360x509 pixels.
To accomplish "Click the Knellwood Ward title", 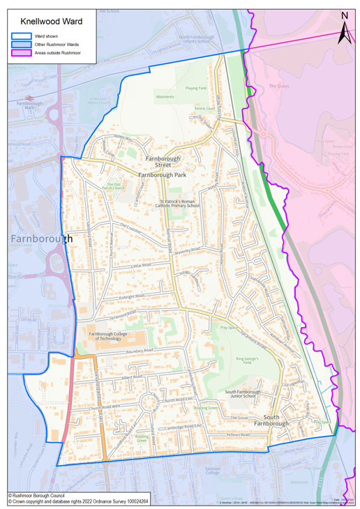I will coord(50,22).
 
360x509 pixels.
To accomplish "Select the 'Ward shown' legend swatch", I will coord(20,34).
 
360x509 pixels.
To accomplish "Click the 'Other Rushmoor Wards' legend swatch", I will coord(20,43).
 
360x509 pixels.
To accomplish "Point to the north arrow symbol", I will coord(343,29).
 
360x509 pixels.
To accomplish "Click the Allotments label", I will coord(165,97).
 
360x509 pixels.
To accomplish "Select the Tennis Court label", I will coord(205,109).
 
